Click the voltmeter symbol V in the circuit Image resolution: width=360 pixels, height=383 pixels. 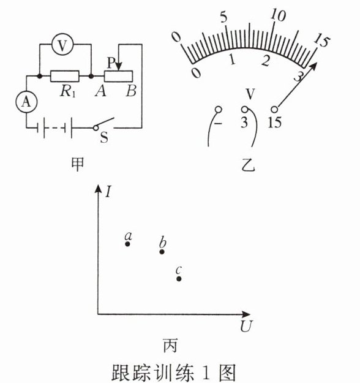click(x=62, y=45)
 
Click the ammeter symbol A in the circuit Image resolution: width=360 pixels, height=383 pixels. click(x=26, y=102)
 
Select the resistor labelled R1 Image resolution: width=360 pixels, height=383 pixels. click(x=65, y=76)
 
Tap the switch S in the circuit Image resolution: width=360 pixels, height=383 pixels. click(x=103, y=124)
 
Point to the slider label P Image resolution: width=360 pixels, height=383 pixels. click(x=111, y=63)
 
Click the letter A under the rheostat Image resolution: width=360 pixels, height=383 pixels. click(x=101, y=91)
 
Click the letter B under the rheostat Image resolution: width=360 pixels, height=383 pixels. click(x=131, y=91)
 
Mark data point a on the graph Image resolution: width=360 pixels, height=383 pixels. click(x=127, y=244)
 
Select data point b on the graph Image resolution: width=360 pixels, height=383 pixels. click(x=162, y=252)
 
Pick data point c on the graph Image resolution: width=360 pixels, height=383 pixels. click(x=179, y=279)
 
